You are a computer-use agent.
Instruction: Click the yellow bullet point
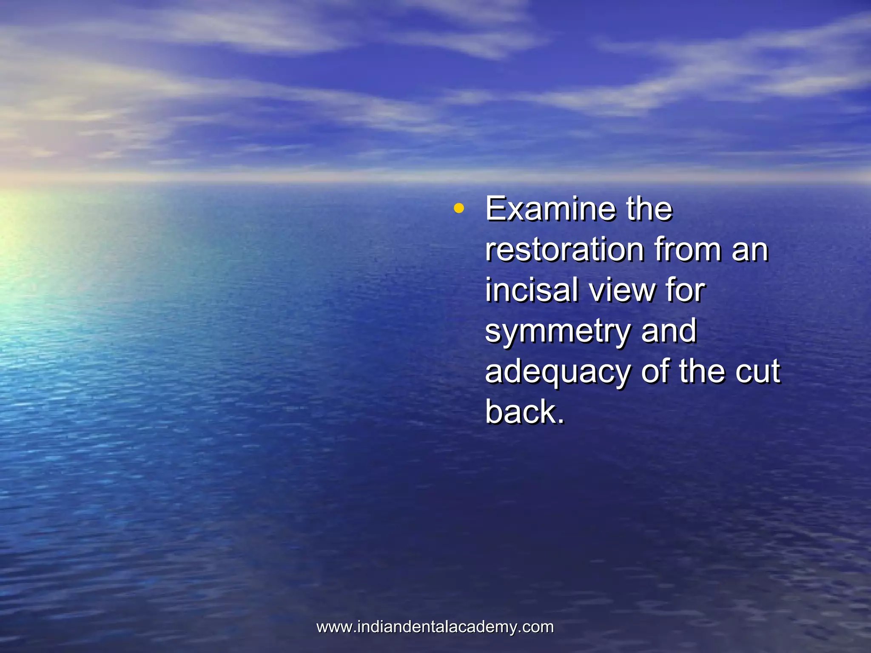click(x=458, y=209)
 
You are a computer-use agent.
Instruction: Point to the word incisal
click(x=532, y=290)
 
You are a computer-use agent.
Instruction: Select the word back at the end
click(x=521, y=412)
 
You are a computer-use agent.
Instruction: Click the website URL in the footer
click(x=435, y=627)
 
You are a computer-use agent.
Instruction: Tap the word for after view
click(x=686, y=290)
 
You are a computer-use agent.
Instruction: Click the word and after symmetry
click(x=669, y=331)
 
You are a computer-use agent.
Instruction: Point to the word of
click(x=655, y=372)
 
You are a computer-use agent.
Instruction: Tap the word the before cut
click(x=703, y=372)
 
